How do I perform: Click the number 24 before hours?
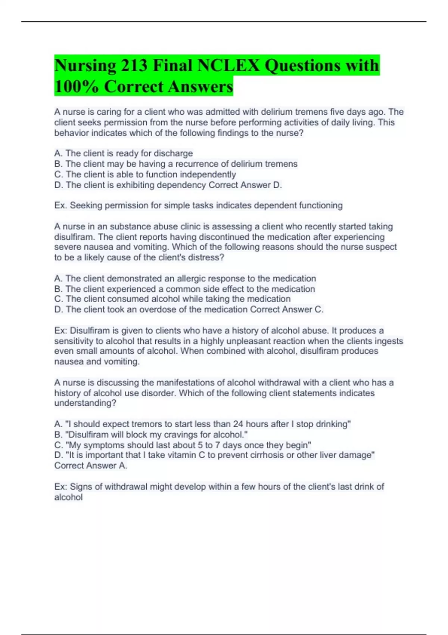coord(238,424)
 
